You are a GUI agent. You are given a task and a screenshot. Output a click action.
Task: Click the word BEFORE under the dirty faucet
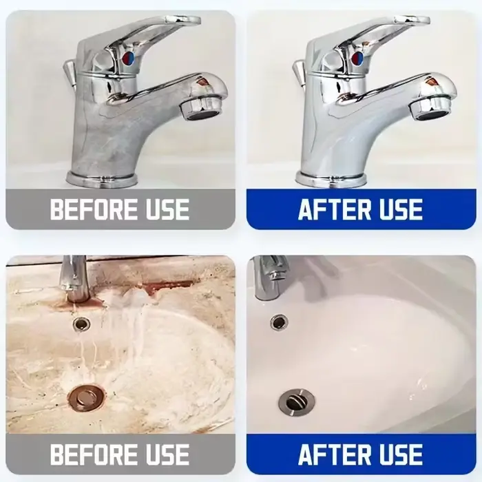94,209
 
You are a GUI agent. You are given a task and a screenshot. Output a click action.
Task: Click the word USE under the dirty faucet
167,209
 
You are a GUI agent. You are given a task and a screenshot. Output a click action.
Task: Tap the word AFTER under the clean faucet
335,209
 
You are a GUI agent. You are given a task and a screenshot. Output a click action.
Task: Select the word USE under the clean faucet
401,209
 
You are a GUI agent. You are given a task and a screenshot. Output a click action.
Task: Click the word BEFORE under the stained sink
94,454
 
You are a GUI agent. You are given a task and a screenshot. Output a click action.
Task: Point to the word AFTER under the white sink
335,454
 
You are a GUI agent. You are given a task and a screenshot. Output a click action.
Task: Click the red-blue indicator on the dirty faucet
129,57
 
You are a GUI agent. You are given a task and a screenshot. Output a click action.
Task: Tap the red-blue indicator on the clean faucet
357,57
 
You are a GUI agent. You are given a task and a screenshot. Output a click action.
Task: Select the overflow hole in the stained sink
82,324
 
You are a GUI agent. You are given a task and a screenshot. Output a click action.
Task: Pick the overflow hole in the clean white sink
279,322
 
